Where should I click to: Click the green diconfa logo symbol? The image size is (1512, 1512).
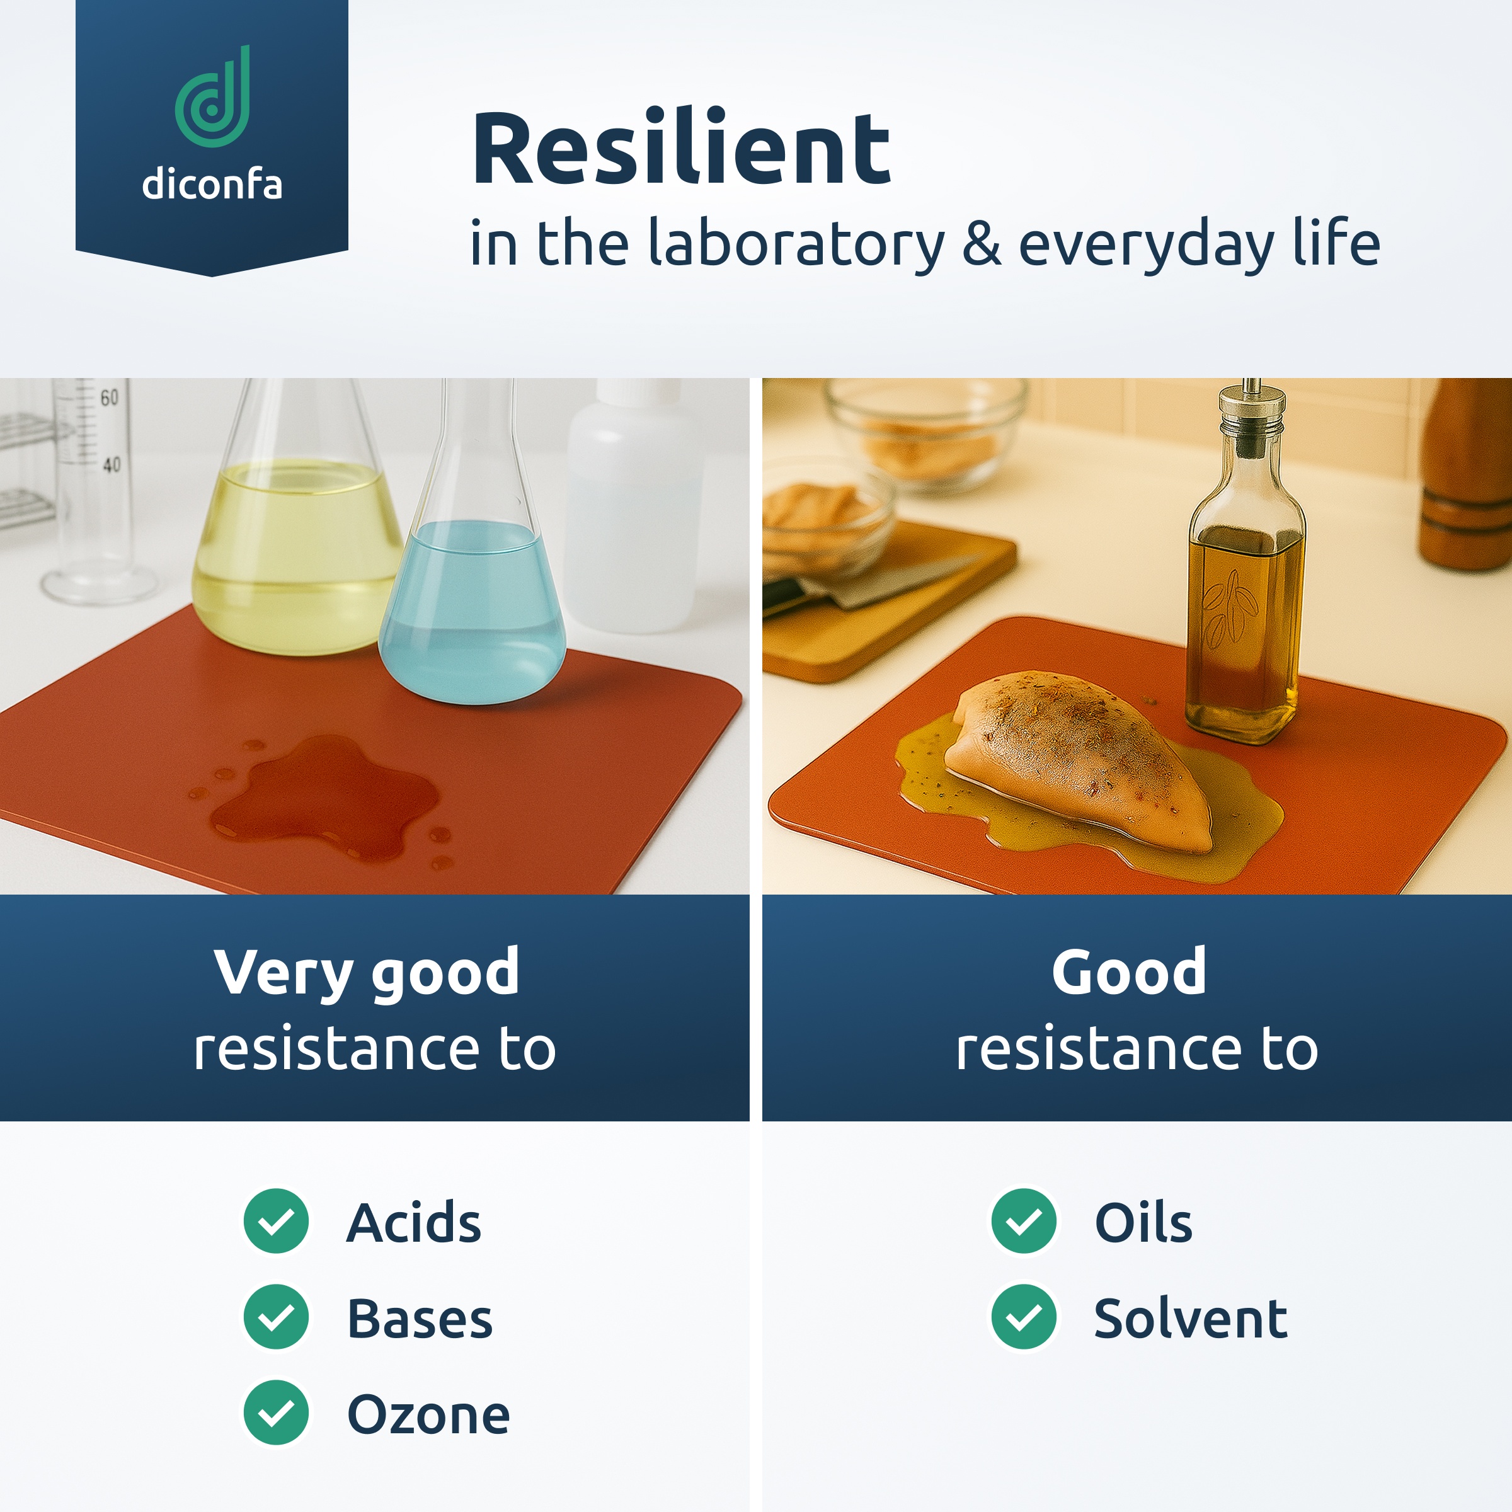click(212, 97)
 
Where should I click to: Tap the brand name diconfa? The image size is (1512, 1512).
click(212, 185)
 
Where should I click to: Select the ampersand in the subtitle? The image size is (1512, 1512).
click(982, 243)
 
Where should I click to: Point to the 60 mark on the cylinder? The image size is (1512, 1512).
click(109, 398)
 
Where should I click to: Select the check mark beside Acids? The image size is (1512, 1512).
click(277, 1221)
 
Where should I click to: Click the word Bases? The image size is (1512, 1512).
click(420, 1319)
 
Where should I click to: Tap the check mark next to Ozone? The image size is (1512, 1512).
click(277, 1412)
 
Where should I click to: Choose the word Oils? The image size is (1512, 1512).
click(1143, 1222)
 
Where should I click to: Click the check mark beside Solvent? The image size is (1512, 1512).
click(1024, 1317)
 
